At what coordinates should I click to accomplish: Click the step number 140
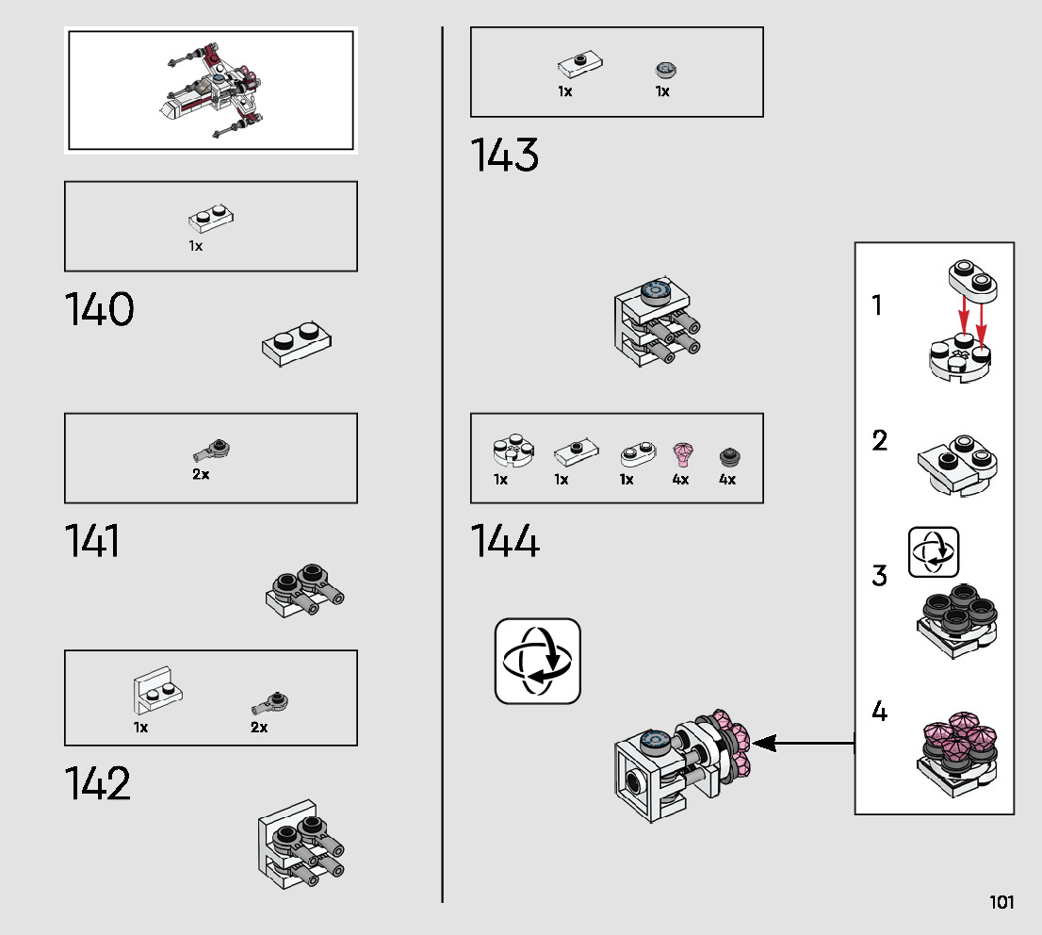(99, 310)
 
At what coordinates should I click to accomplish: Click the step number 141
(92, 542)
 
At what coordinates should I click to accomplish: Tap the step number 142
(97, 784)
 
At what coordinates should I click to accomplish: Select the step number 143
(504, 156)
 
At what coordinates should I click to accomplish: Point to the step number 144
(505, 542)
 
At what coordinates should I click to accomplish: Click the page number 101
(1001, 902)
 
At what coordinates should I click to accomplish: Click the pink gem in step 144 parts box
(681, 454)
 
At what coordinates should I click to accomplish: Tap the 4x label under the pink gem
(680, 479)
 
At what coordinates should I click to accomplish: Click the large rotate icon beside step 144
(538, 661)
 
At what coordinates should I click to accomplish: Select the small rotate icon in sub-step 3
(933, 551)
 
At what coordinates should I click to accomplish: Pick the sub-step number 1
(877, 305)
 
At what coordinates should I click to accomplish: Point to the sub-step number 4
(879, 712)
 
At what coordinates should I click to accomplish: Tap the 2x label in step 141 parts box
(201, 474)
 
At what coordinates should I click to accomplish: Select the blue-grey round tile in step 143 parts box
(665, 70)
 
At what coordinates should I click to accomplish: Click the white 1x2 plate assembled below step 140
(297, 345)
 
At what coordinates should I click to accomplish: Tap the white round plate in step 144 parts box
(512, 451)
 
